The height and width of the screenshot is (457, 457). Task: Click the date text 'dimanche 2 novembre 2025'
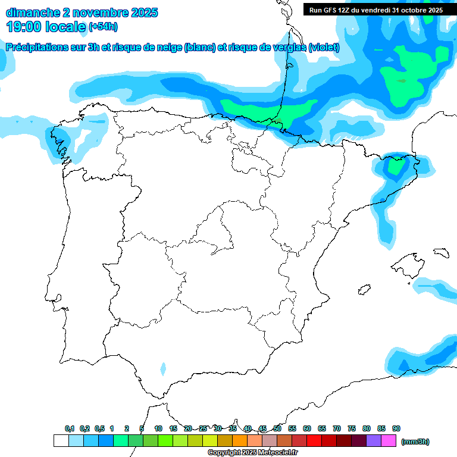[82, 12]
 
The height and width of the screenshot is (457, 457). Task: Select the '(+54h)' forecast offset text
[103, 27]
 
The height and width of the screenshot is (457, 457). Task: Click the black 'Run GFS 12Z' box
[375, 10]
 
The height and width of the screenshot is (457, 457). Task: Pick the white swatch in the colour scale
[61, 441]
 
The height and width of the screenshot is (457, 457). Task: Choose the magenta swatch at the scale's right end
[389, 441]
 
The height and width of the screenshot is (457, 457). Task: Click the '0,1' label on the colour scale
[70, 428]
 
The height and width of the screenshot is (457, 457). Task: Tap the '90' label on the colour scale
[396, 428]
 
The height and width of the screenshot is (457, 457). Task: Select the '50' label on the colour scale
[277, 428]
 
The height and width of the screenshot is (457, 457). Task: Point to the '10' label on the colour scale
[158, 428]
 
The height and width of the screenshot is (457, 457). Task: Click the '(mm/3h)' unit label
[415, 442]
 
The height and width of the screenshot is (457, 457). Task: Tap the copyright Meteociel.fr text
[252, 453]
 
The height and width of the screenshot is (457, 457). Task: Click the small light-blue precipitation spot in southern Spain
[163, 369]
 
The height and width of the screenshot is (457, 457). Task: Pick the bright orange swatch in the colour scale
[240, 441]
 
